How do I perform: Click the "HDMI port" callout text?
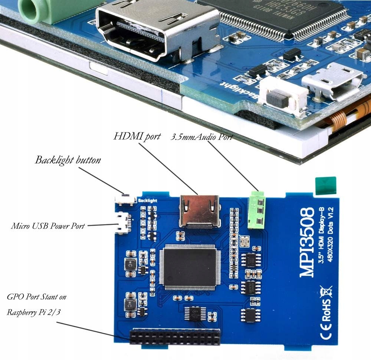point(137,136)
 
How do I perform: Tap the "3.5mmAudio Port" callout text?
point(201,137)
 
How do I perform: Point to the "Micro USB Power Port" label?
point(47,225)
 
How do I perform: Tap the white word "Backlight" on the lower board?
point(147,200)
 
